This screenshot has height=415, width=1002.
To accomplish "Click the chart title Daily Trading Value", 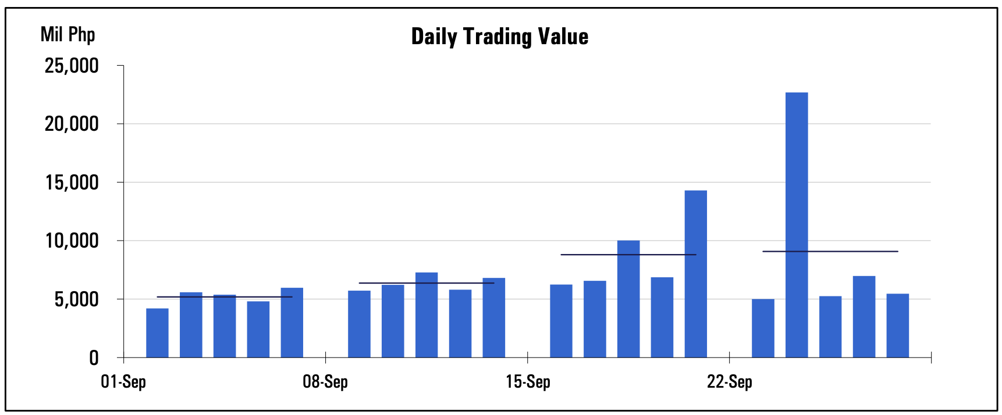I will click(499, 37).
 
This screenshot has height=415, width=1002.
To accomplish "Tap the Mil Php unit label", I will click(67, 34).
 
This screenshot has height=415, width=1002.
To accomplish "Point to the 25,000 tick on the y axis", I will click(72, 66).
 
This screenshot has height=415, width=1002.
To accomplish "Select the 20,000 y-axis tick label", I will click(72, 124).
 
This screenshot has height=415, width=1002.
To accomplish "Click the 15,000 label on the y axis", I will click(72, 183).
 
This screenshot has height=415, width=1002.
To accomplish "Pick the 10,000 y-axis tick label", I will click(72, 241).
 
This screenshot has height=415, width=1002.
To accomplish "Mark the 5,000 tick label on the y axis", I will click(76, 299).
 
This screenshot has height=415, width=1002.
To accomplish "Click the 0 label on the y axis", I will click(94, 358).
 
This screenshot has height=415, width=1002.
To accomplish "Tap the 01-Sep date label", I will click(123, 382).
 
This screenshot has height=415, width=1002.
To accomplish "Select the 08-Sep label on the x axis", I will click(325, 382).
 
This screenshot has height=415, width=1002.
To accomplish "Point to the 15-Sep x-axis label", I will click(528, 382).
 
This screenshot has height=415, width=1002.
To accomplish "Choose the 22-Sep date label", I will click(730, 382).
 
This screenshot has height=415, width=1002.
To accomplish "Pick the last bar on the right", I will click(897, 325).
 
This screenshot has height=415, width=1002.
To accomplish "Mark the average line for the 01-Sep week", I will click(224, 297).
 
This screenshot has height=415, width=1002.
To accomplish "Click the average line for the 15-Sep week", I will click(628, 255).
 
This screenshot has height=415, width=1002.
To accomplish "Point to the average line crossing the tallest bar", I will click(830, 252).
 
